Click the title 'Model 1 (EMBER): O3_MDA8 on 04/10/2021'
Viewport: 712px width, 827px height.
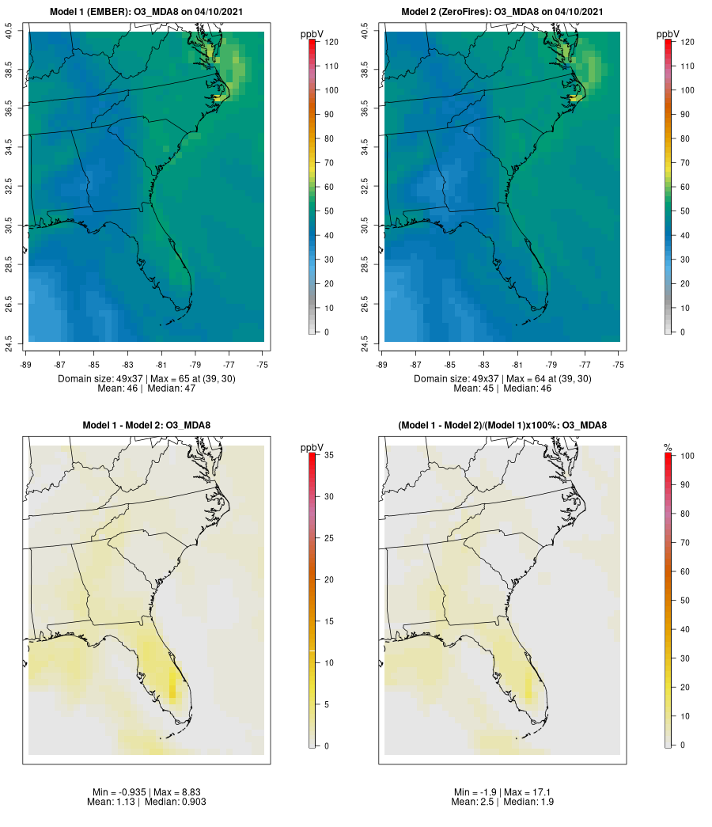tap(146, 12)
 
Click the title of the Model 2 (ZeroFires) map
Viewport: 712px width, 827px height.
tap(502, 12)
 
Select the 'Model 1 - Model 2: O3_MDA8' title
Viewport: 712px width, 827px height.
tap(146, 426)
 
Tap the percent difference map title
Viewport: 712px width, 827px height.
tap(502, 426)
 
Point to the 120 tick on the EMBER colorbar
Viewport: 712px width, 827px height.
tap(331, 42)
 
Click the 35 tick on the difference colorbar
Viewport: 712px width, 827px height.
tap(328, 455)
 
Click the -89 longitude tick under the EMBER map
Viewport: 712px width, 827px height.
tap(28, 365)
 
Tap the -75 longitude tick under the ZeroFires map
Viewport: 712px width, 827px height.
tap(619, 365)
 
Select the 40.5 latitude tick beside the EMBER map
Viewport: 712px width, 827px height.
tap(9, 32)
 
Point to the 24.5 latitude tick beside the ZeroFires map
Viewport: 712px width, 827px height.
tap(365, 342)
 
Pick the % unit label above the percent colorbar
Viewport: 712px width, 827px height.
tap(668, 448)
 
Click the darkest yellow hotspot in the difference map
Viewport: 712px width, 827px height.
tap(172, 685)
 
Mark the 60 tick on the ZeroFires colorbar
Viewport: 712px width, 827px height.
tap(687, 187)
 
